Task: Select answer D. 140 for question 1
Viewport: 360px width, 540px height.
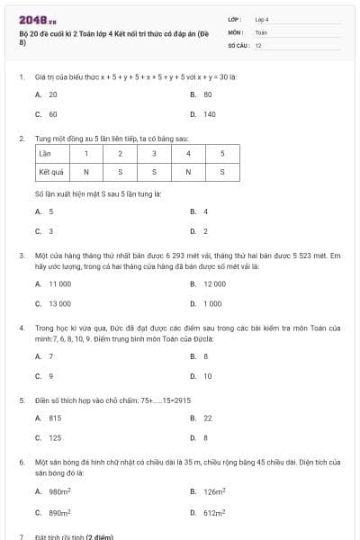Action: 204,114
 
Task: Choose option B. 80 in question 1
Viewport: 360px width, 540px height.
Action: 202,94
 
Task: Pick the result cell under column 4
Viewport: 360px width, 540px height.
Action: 187,171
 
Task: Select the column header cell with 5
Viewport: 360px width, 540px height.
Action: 221,154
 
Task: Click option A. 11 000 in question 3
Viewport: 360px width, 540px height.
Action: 54,283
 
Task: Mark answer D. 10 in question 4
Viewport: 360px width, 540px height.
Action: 202,375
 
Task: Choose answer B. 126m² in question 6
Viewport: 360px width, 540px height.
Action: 207,491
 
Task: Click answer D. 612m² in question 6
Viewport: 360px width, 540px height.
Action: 207,511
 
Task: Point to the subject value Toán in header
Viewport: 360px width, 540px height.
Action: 261,31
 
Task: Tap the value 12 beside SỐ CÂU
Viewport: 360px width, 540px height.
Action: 259,44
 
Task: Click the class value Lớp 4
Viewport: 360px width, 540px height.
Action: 263,18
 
